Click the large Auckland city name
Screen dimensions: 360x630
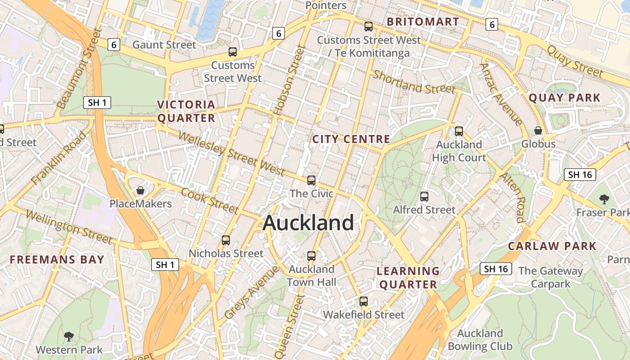pyautogui.click(x=308, y=223)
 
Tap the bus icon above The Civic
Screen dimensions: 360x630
pyautogui.click(x=311, y=180)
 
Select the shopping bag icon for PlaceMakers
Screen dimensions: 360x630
pyautogui.click(x=140, y=190)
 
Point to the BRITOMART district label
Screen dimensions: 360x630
pyautogui.click(x=423, y=22)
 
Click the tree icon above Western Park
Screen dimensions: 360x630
pyautogui.click(x=69, y=336)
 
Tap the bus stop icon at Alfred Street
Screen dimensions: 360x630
pyautogui.click(x=424, y=197)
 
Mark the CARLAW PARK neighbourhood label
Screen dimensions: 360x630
pyautogui.click(x=552, y=246)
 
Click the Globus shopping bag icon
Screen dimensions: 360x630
pyautogui.click(x=538, y=130)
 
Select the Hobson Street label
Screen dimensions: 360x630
pyautogui.click(x=286, y=81)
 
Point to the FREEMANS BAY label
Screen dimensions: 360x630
pyautogui.click(x=57, y=260)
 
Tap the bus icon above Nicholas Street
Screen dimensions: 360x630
pyautogui.click(x=226, y=240)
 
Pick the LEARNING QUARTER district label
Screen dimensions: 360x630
pyautogui.click(x=408, y=278)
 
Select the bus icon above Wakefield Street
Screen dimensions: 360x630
pyautogui.click(x=363, y=301)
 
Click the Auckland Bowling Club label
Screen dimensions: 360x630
pyautogui.click(x=480, y=340)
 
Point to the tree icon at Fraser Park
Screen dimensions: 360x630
pyautogui.click(x=604, y=199)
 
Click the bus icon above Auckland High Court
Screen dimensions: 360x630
pyautogui.click(x=459, y=131)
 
